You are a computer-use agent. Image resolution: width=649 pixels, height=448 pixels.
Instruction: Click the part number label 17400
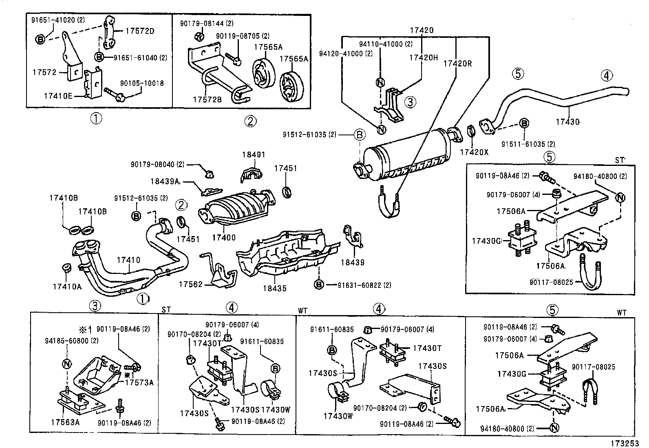pyautogui.click(x=224, y=237)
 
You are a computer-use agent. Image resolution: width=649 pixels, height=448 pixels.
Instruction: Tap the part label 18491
pyautogui.click(x=253, y=155)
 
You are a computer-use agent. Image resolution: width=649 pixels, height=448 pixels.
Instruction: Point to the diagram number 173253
pyautogui.click(x=627, y=442)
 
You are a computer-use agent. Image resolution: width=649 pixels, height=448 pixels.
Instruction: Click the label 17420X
pyautogui.click(x=474, y=152)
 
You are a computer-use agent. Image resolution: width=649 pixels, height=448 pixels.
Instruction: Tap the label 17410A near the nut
pyautogui.click(x=67, y=287)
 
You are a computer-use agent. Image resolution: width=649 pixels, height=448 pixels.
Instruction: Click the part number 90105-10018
pyautogui.click(x=142, y=83)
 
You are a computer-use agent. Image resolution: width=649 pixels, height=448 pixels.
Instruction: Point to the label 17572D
pyautogui.click(x=140, y=31)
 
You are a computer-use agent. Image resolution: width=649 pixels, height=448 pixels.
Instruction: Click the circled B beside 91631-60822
pyautogui.click(x=319, y=285)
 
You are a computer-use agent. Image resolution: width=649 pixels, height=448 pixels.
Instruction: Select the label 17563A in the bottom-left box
pyautogui.click(x=65, y=422)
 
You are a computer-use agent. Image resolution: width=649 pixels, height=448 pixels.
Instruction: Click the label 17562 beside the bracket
pyautogui.click(x=190, y=284)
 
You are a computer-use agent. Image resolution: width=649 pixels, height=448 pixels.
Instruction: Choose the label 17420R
pyautogui.click(x=457, y=63)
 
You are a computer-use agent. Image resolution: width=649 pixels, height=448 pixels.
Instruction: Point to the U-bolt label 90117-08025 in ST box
pyautogui.click(x=551, y=282)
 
